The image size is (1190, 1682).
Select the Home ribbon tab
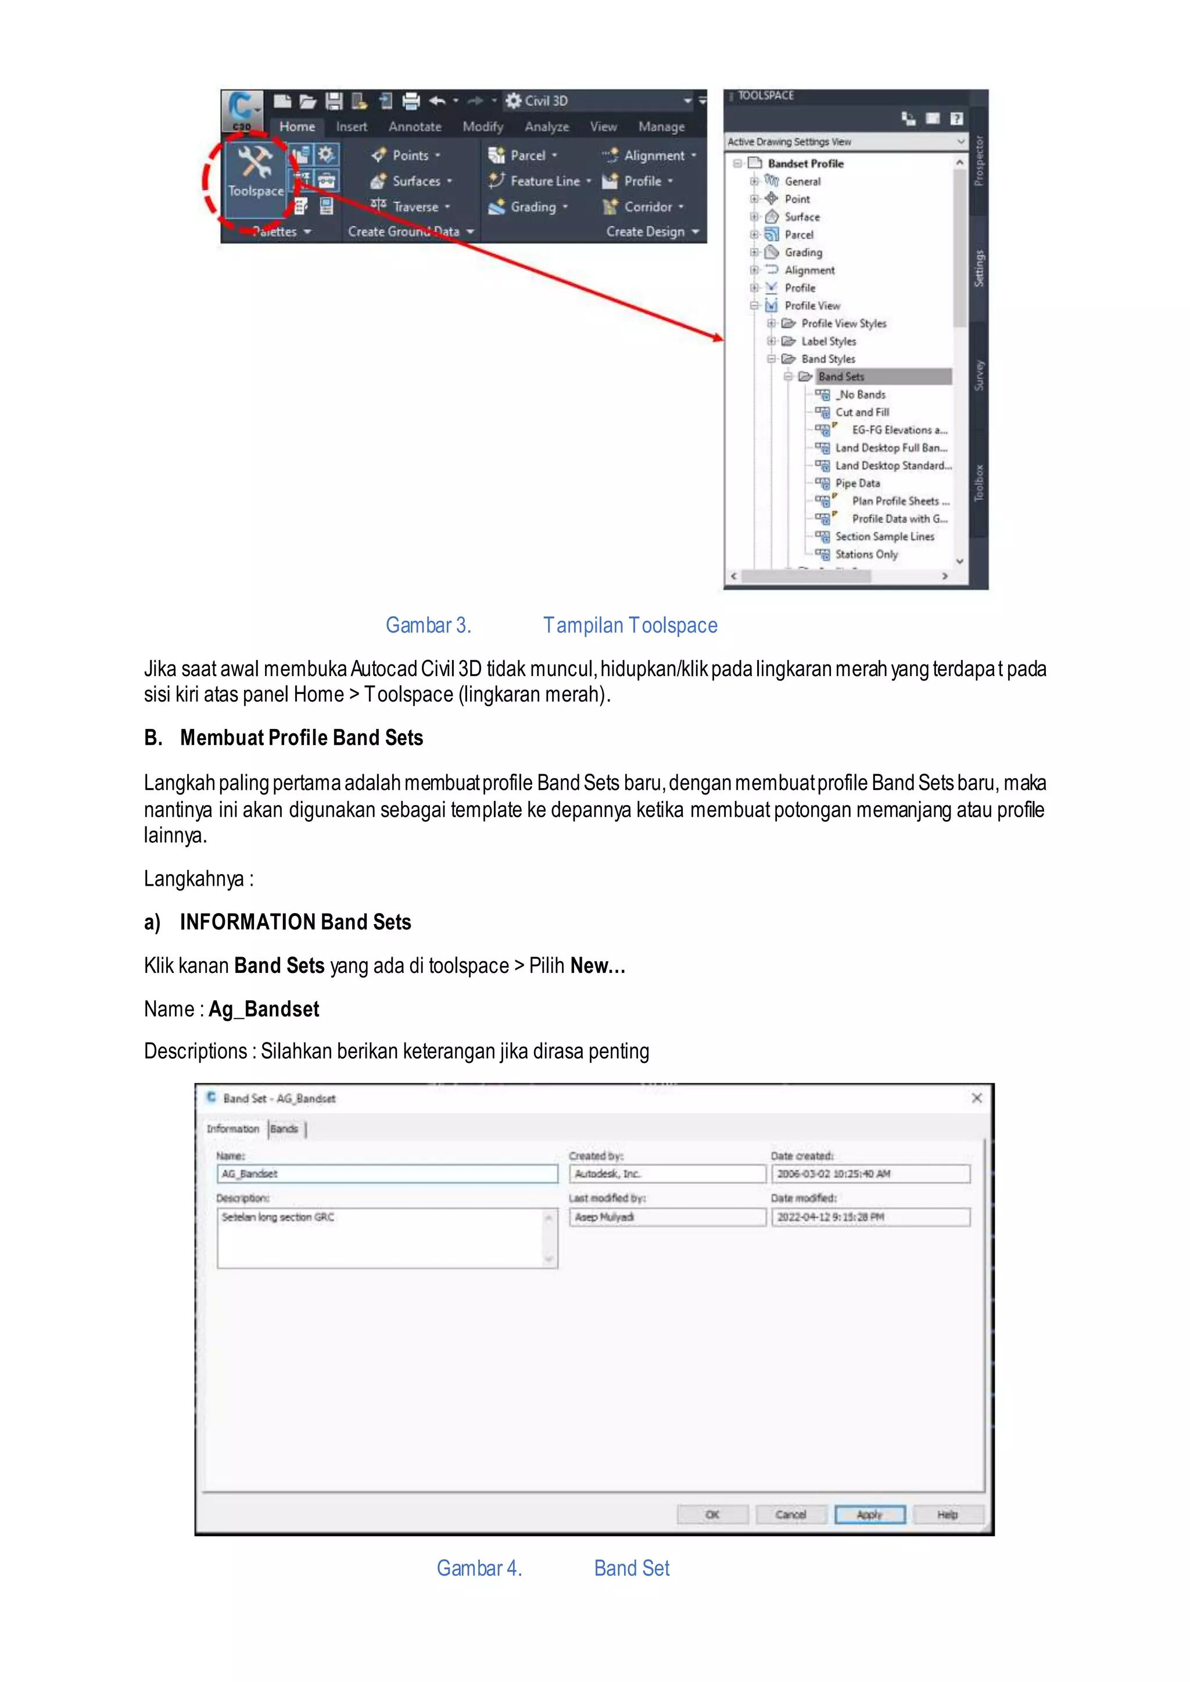tap(297, 127)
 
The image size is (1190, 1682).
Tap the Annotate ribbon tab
tap(415, 127)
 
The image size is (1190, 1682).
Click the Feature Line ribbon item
tap(544, 181)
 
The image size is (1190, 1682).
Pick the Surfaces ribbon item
tap(415, 181)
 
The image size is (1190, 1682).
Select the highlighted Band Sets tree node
tap(841, 376)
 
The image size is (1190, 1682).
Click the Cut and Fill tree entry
tap(862, 412)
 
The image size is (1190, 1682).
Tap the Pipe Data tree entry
tap(857, 483)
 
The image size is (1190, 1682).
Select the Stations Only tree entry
tap(866, 555)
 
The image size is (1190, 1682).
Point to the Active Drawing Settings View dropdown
tap(847, 141)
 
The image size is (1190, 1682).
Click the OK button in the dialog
tap(712, 1515)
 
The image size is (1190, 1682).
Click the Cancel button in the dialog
tap(791, 1515)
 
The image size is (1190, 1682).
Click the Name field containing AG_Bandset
tap(387, 1174)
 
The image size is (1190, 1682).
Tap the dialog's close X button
tap(976, 1098)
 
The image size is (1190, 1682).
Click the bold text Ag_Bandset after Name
tap(264, 1009)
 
